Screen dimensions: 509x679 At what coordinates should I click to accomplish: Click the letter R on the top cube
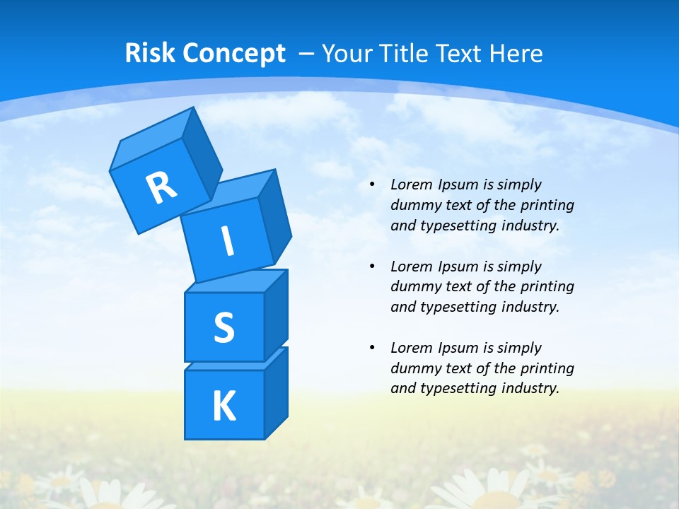coord(161,187)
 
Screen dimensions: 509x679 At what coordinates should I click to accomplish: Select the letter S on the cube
coord(224,327)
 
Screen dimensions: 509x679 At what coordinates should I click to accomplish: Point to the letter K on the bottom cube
coord(224,406)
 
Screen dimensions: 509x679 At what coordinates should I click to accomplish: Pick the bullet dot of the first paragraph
coord(372,185)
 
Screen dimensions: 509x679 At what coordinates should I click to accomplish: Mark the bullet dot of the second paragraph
coord(372,267)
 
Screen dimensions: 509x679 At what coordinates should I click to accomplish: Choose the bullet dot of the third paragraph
coord(372,348)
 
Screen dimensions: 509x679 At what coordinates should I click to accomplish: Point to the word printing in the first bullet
coord(547,206)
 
